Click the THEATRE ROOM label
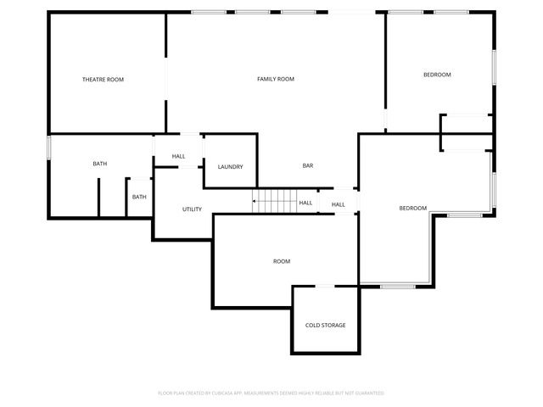tap(103, 80)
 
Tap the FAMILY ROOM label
tap(276, 79)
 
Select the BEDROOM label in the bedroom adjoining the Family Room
tap(437, 75)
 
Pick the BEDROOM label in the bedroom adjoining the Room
tap(412, 209)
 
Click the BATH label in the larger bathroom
tap(99, 164)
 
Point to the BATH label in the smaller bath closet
tap(138, 197)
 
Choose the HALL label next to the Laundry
tap(178, 156)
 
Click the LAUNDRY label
tap(230, 166)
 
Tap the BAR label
tap(308, 165)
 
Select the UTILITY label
tap(192, 209)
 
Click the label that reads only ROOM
tap(282, 261)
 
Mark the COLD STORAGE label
tap(326, 325)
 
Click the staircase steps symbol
tap(277, 202)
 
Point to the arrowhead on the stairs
tap(254, 202)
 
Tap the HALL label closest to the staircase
tap(305, 203)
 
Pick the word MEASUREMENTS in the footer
tap(261, 393)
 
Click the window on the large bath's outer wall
tap(49, 148)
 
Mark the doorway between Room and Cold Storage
tap(326, 286)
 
